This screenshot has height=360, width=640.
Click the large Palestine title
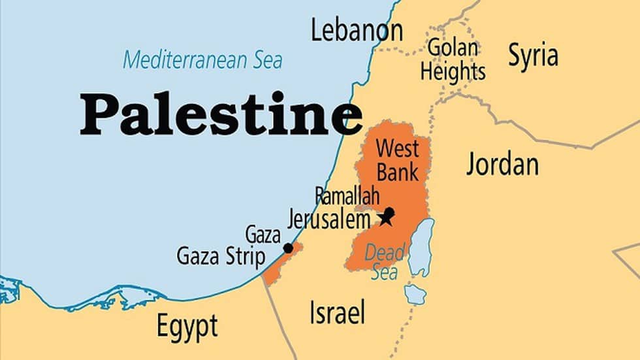(x=221, y=114)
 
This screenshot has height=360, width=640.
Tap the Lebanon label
(x=357, y=30)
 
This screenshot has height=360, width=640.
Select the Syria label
(x=533, y=56)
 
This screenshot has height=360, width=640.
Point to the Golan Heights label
(x=453, y=59)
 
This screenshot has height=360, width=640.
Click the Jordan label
(x=502, y=165)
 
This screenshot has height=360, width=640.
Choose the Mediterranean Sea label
(x=202, y=61)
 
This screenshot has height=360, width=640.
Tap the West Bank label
(x=397, y=160)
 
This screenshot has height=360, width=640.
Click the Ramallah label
(x=347, y=195)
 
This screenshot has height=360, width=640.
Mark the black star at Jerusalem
(x=387, y=216)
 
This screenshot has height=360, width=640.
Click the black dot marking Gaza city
(x=288, y=248)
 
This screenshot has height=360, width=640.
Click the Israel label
(x=336, y=313)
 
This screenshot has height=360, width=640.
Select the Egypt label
(x=187, y=325)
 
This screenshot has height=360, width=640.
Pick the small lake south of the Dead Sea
(x=415, y=295)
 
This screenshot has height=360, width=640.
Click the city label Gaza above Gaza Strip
(x=263, y=235)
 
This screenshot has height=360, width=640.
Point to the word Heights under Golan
(x=453, y=71)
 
